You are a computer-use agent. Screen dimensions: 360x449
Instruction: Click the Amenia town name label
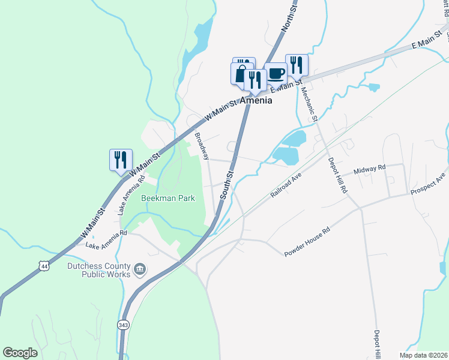[256, 101]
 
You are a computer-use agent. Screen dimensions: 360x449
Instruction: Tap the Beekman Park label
[168, 198]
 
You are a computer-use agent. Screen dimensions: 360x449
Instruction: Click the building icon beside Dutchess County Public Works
[140, 269]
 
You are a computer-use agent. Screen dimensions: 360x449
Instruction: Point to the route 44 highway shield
[43, 265]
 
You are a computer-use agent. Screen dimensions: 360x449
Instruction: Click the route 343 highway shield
[123, 325]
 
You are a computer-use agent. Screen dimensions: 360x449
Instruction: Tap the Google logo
[20, 353]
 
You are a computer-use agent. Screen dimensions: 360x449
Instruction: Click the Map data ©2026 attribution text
[423, 355]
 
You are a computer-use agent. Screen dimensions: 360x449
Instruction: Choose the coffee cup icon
[276, 73]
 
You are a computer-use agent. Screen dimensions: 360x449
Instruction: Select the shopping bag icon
[240, 74]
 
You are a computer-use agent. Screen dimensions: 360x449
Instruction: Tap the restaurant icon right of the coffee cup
[297, 65]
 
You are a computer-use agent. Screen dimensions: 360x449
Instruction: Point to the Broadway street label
[202, 146]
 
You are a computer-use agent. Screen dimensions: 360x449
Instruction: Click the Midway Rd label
[369, 170]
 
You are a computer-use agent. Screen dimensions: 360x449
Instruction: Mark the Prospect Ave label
[429, 187]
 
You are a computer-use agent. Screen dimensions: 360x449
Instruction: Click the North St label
[289, 20]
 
